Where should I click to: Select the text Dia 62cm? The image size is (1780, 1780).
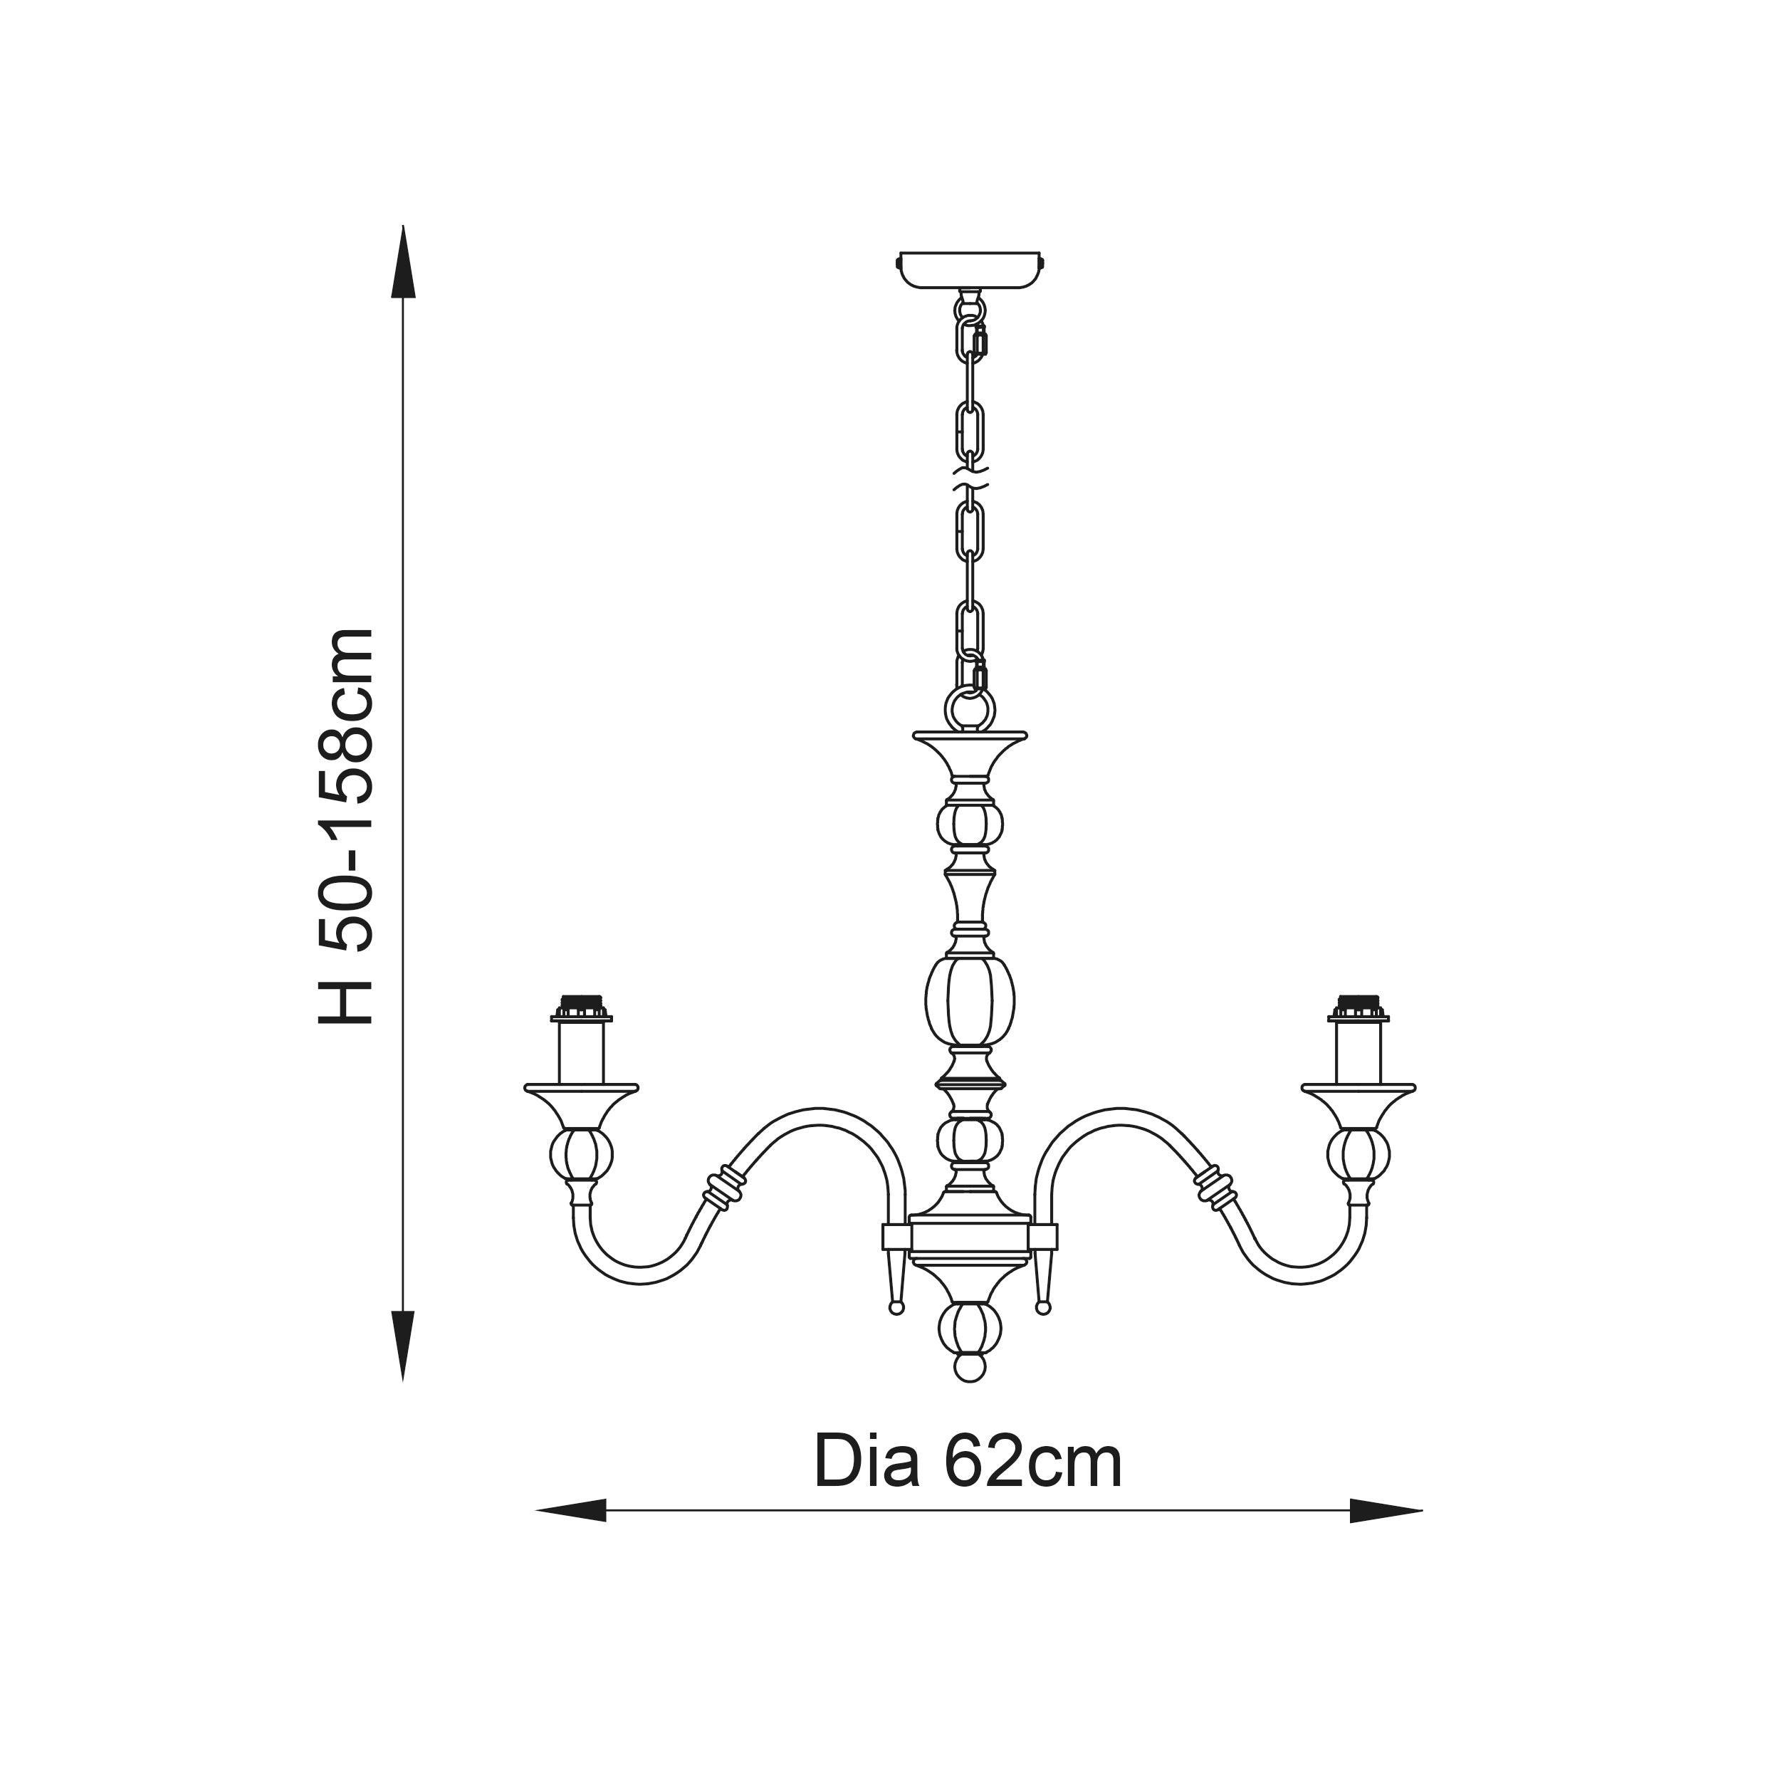coord(968,1462)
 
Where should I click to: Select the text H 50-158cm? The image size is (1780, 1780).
coord(347,827)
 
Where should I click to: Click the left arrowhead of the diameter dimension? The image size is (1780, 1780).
coord(571,1510)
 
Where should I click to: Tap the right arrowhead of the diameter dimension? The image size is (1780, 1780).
coord(1386,1510)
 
